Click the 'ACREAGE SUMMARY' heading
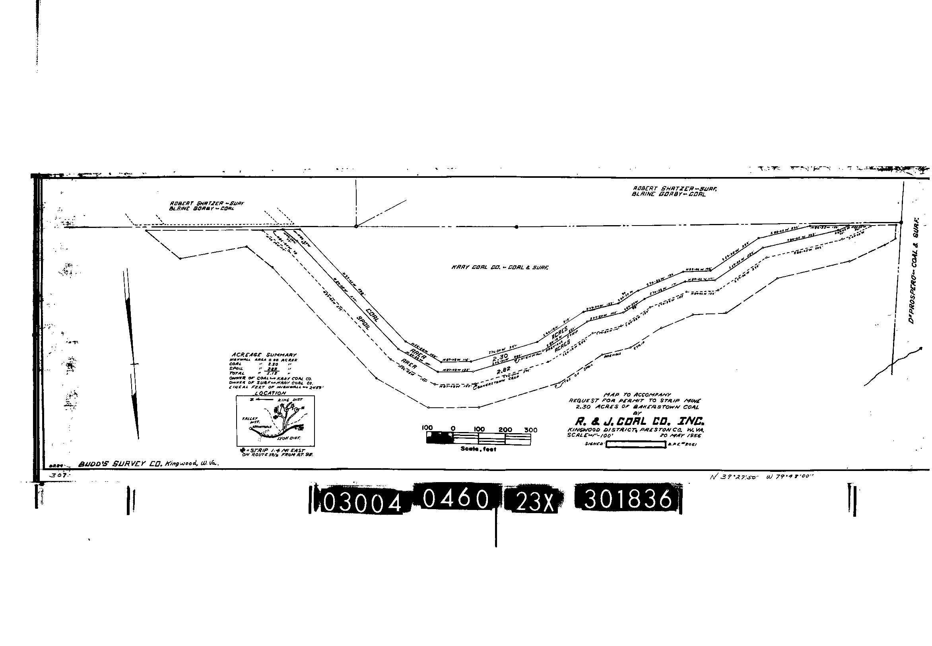(264, 354)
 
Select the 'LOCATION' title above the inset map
(271, 393)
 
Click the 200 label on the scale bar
(505, 430)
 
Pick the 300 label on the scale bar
(531, 430)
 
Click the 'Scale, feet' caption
(478, 449)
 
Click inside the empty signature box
(635, 444)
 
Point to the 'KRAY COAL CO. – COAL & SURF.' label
(500, 268)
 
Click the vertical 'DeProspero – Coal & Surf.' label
(913, 270)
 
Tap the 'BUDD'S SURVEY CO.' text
(120, 464)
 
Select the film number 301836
(628, 499)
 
